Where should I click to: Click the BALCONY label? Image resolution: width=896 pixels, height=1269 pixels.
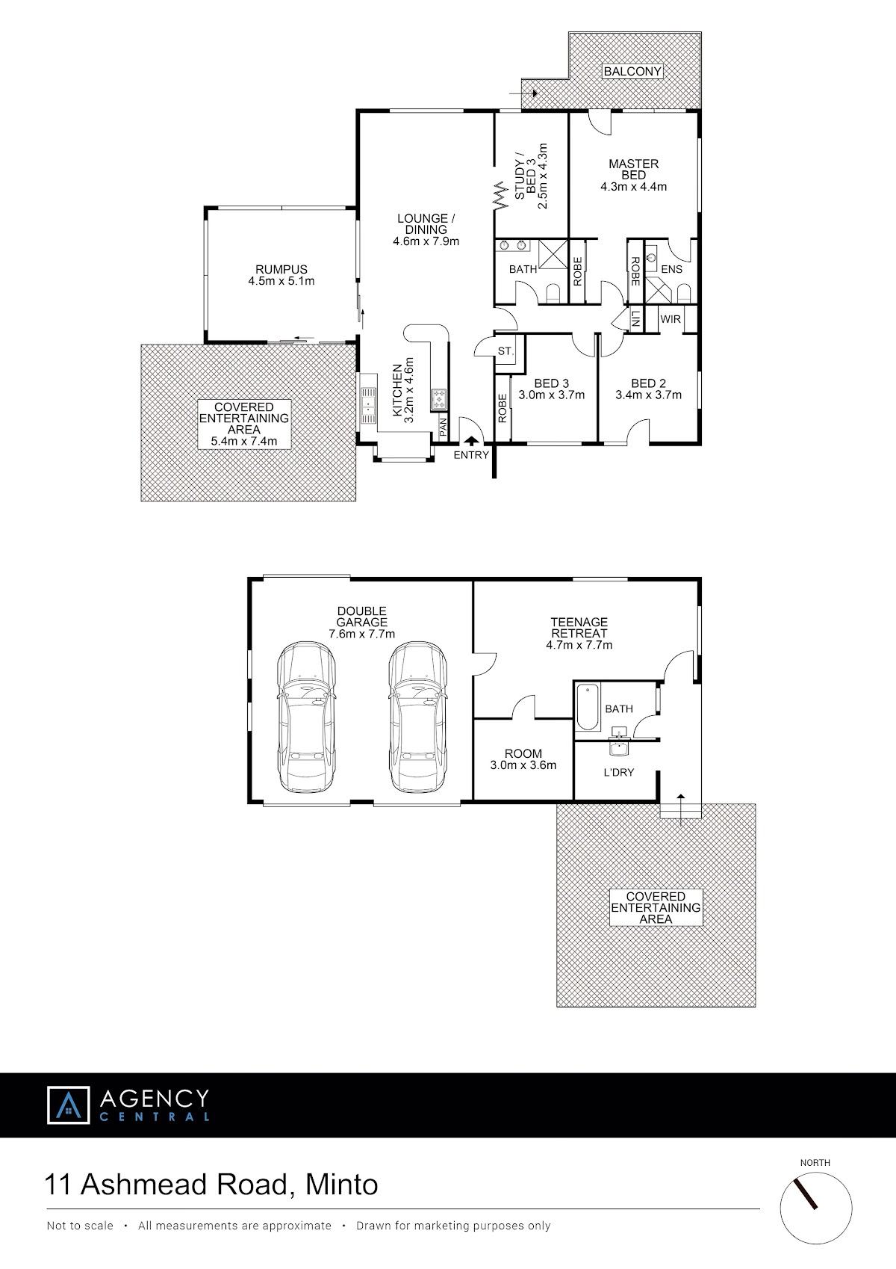pyautogui.click(x=632, y=72)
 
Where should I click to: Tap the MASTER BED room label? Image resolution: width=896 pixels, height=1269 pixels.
pyautogui.click(x=633, y=170)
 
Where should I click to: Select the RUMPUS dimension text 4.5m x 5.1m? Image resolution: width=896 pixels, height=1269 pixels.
pyautogui.click(x=281, y=281)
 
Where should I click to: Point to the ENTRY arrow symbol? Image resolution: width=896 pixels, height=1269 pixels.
pyautogui.click(x=471, y=440)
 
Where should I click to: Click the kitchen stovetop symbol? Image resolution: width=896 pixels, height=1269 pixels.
pyautogui.click(x=439, y=399)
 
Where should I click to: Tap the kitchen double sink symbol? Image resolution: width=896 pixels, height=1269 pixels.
pyautogui.click(x=368, y=405)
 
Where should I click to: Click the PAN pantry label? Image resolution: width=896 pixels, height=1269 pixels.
pyautogui.click(x=444, y=426)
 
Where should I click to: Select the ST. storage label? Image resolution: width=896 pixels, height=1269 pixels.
pyautogui.click(x=505, y=351)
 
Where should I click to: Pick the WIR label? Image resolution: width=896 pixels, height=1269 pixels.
pyautogui.click(x=671, y=320)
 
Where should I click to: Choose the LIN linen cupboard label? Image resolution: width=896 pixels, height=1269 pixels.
pyautogui.click(x=635, y=319)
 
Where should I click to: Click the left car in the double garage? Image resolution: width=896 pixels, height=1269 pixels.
pyautogui.click(x=305, y=717)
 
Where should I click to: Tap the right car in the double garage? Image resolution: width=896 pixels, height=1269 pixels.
pyautogui.click(x=417, y=717)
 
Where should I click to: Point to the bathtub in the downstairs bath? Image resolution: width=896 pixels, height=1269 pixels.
pyautogui.click(x=588, y=707)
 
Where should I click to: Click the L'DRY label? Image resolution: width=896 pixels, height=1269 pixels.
pyautogui.click(x=619, y=772)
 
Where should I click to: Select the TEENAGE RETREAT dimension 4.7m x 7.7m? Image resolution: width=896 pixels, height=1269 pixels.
pyautogui.click(x=579, y=645)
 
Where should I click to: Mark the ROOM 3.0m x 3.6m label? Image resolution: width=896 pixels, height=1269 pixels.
pyautogui.click(x=523, y=759)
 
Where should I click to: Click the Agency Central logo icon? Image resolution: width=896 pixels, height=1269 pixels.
pyautogui.click(x=68, y=1105)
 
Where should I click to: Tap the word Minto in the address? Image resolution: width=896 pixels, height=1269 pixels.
pyautogui.click(x=342, y=1184)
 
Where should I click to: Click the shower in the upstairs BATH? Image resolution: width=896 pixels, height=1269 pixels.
pyautogui.click(x=553, y=254)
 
